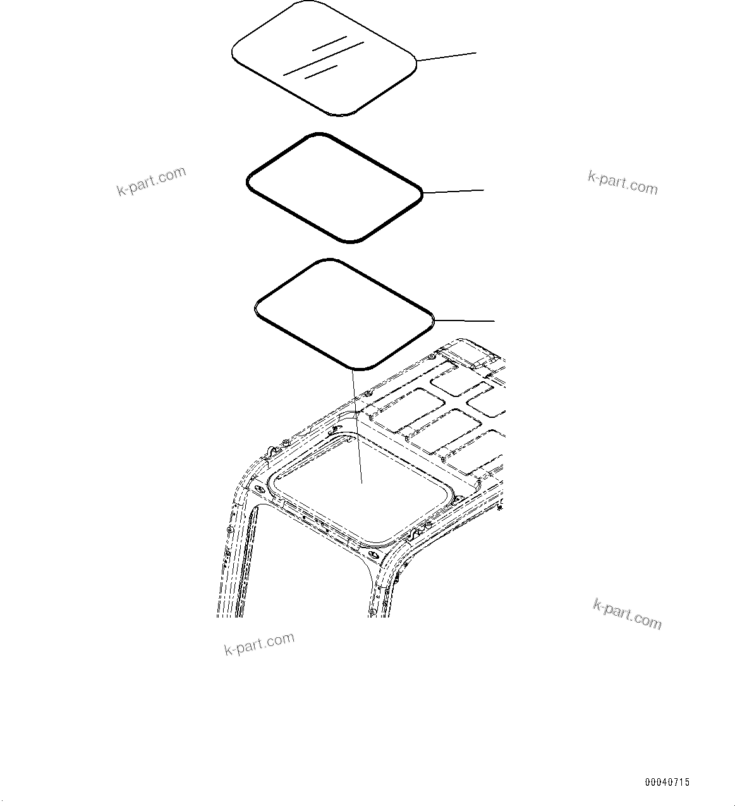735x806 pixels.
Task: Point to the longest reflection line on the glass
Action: [323, 58]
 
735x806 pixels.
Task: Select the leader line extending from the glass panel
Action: [446, 57]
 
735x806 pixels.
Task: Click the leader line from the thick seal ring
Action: [453, 190]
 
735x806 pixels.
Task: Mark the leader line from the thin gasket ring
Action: [465, 320]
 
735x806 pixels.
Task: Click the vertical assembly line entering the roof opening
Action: [356, 430]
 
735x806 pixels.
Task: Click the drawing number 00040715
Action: [667, 782]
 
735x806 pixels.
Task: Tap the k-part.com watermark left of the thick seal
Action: [152, 181]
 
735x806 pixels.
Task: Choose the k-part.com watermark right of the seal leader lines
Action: [623, 182]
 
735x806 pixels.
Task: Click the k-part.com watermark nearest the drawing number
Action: [627, 614]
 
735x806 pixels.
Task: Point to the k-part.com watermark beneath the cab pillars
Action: [259, 643]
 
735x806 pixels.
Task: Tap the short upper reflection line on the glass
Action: [329, 43]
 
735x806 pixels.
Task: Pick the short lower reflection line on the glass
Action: [321, 71]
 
